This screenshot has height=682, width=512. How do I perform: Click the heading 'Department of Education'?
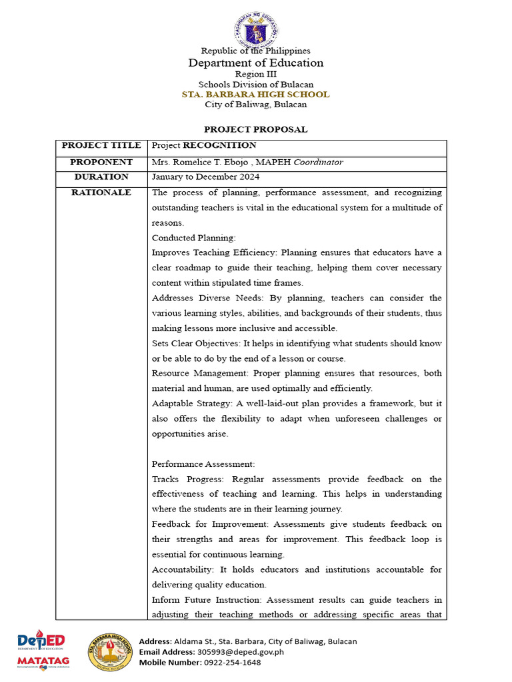(x=255, y=63)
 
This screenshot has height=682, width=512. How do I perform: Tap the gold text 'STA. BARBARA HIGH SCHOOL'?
(x=255, y=95)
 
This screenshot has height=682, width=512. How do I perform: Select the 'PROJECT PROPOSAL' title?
(x=255, y=130)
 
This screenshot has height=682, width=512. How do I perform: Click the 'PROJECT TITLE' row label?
(x=101, y=145)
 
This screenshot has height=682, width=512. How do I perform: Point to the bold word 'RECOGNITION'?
(x=219, y=145)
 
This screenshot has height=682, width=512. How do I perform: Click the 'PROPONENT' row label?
(x=101, y=163)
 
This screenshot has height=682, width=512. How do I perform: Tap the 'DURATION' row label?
(x=101, y=177)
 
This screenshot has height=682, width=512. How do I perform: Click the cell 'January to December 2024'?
(x=205, y=177)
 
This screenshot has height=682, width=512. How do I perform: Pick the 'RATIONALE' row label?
(x=101, y=192)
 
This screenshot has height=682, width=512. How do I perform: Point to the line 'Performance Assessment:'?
(x=203, y=464)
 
